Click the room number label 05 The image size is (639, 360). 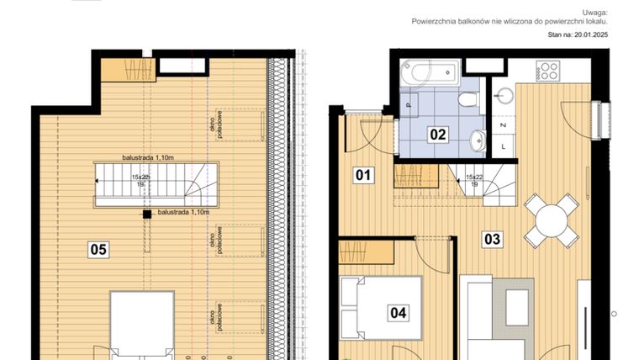(x=98, y=249)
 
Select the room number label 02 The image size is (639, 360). (x=438, y=134)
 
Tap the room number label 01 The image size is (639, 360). (x=362, y=176)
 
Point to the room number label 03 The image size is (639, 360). (x=492, y=239)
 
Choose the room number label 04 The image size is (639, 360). (x=398, y=313)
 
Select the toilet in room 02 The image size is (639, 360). (x=470, y=100)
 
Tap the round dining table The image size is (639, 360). (x=552, y=220)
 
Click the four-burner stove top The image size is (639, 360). (x=548, y=70)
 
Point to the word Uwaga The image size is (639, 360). (x=594, y=13)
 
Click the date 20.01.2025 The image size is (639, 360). (x=588, y=36)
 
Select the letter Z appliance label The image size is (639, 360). (x=503, y=125)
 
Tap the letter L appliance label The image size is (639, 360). (x=503, y=146)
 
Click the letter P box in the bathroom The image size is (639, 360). (x=409, y=106)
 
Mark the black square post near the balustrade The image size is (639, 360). (x=147, y=214)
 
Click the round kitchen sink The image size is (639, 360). (x=504, y=93)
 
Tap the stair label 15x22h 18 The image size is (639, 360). (x=140, y=182)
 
